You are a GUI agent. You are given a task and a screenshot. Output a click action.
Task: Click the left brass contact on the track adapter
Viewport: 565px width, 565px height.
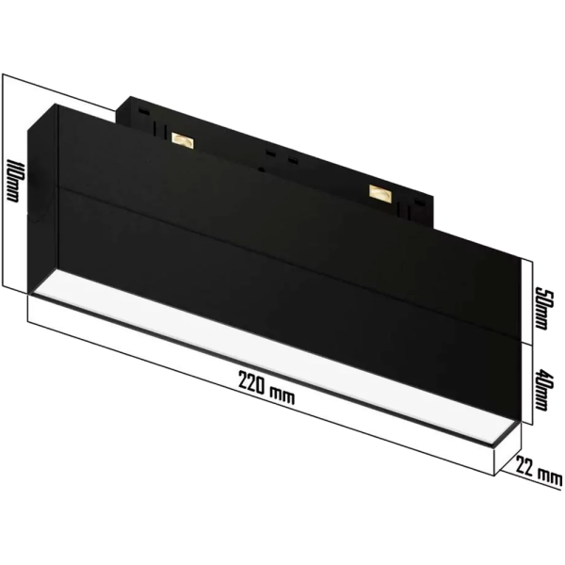[x=181, y=141]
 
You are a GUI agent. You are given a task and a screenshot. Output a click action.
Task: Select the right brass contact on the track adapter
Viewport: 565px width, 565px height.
[x=380, y=192]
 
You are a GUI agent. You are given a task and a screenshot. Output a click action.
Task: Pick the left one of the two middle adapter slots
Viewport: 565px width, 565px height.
[x=270, y=152]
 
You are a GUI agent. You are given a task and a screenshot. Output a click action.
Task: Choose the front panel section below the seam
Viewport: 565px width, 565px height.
[x=282, y=301]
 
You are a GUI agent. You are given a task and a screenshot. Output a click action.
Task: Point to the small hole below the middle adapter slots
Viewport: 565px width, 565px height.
[x=262, y=170]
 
